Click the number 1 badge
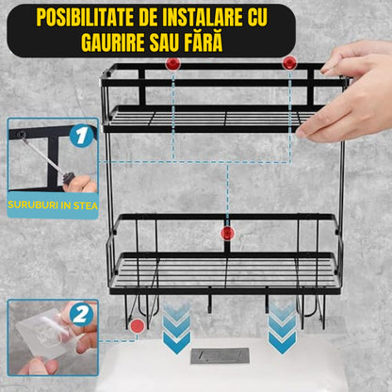click(81, 136)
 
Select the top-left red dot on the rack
click(172, 63)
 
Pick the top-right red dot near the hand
click(289, 63)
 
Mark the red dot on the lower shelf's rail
click(225, 232)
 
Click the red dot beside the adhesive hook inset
click(139, 326)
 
